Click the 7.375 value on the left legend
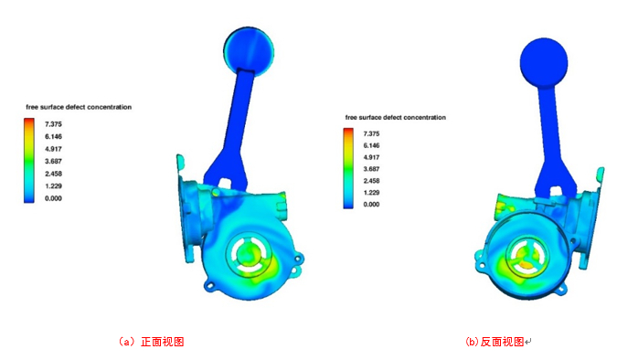pos(53,124)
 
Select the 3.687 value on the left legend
pos(53,161)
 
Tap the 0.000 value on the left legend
pos(53,198)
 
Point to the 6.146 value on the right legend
pos(371,145)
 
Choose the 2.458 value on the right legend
pos(371,181)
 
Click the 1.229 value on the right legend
pos(371,193)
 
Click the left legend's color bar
pos(29,161)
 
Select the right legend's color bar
pos(348,168)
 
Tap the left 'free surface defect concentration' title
pos(79,107)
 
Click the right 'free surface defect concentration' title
pos(396,117)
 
